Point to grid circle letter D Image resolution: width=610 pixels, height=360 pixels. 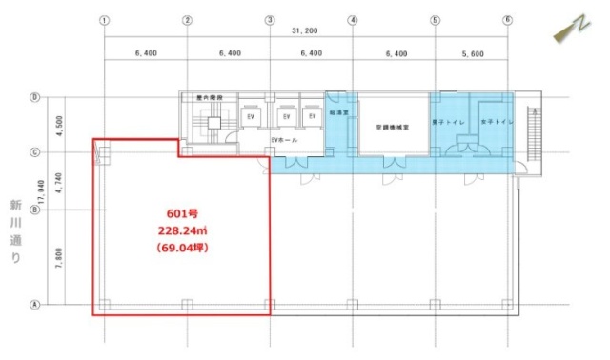coord(34,97)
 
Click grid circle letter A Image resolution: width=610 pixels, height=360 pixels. coord(34,305)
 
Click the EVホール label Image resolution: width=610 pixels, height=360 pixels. coord(284,141)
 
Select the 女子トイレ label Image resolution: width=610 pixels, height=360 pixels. coord(497,122)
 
